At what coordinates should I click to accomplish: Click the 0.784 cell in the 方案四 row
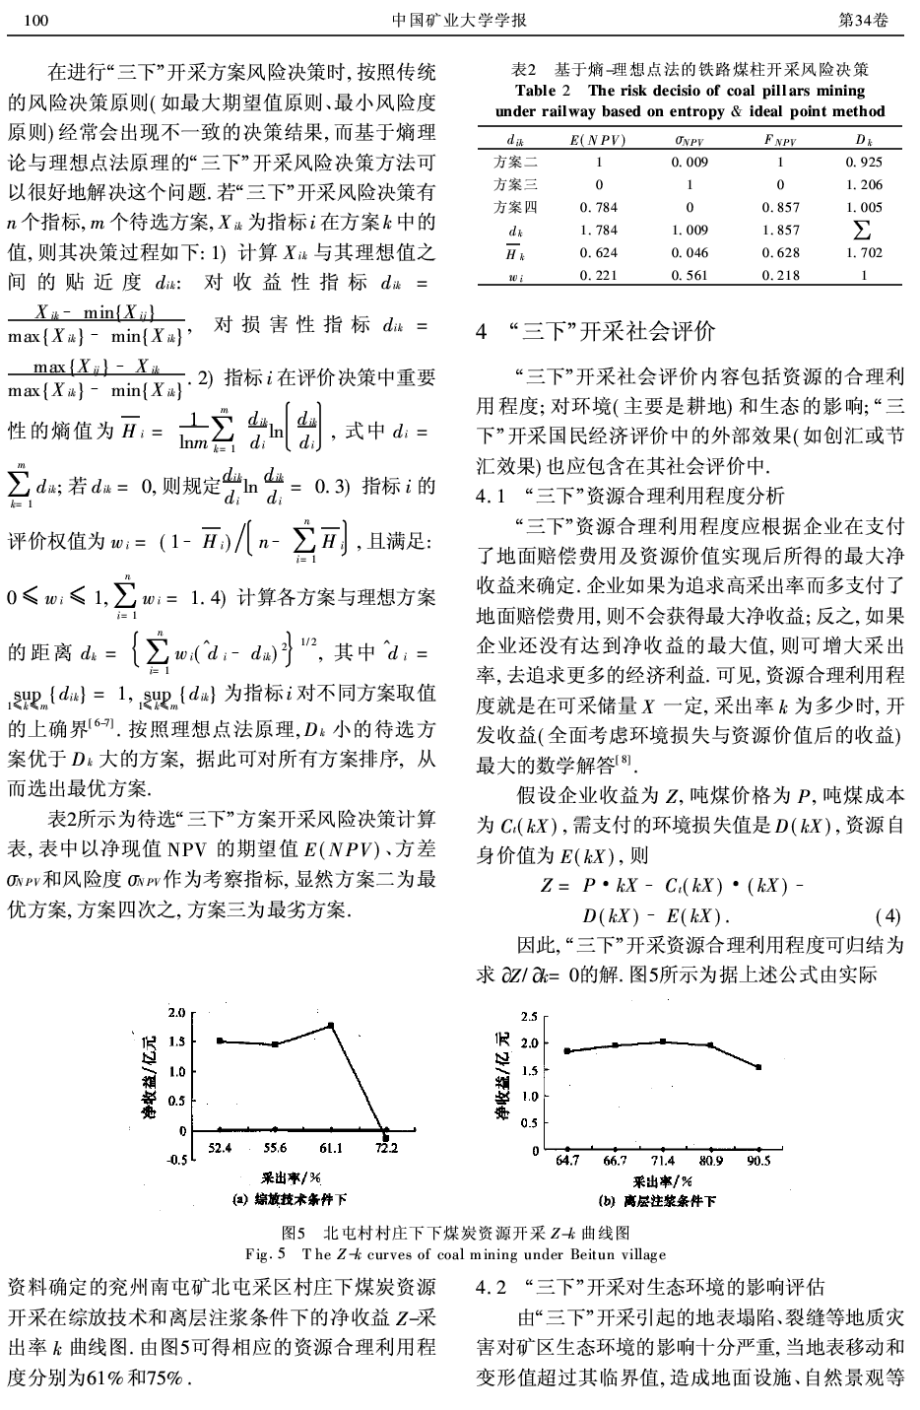pyautogui.click(x=599, y=207)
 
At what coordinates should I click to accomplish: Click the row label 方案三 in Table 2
pyautogui.click(x=515, y=184)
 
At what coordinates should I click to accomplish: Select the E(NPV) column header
pyautogui.click(x=599, y=140)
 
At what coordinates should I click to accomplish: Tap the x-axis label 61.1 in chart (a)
pyautogui.click(x=331, y=1148)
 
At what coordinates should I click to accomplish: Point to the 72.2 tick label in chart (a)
pyautogui.click(x=387, y=1148)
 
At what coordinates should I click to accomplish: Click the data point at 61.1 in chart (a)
pyautogui.click(x=331, y=1025)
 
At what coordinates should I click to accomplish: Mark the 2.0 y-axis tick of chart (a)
pyautogui.click(x=176, y=1013)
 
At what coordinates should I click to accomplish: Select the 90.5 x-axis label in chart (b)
pyautogui.click(x=758, y=1162)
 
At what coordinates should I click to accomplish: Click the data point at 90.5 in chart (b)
pyautogui.click(x=758, y=1067)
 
